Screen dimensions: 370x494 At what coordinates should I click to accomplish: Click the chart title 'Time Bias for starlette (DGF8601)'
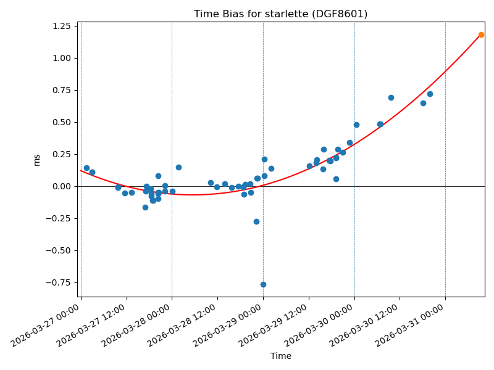280,14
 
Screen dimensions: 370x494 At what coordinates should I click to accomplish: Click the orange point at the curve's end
481,35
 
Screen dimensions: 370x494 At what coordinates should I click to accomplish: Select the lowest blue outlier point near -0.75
263,284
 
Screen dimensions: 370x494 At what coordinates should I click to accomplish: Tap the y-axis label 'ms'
36,160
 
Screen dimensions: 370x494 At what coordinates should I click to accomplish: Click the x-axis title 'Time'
280,356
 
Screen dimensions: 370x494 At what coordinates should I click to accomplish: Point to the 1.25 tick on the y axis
61,26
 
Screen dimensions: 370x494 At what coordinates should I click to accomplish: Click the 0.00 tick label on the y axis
61,186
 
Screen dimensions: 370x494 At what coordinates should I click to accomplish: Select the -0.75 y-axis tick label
59,282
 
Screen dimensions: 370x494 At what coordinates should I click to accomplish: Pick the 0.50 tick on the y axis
61,122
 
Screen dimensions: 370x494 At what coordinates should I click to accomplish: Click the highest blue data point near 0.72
430,94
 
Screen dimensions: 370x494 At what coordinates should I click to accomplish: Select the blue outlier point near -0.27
256,221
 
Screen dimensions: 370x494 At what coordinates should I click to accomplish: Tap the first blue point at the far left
86,168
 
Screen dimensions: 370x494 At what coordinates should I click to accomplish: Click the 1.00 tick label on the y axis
61,58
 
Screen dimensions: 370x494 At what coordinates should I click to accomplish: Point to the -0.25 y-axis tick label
59,218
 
